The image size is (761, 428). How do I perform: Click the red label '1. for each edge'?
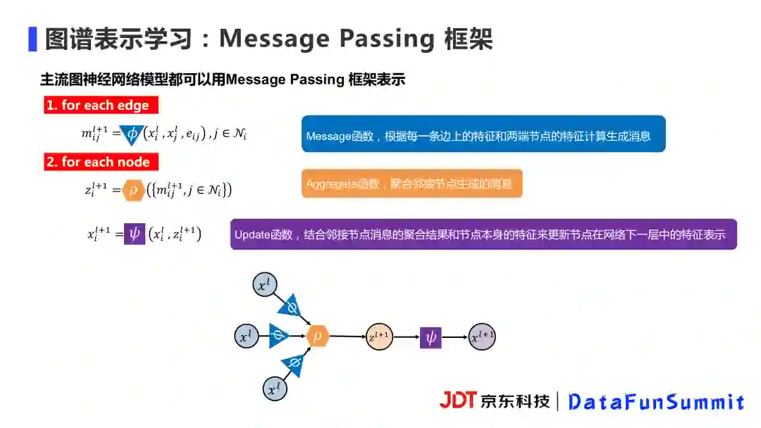click(x=101, y=106)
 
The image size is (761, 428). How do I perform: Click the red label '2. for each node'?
click(x=101, y=162)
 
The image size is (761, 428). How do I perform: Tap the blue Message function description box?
click(x=483, y=134)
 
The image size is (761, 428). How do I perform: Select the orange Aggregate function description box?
click(x=412, y=183)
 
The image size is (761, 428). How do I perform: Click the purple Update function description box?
click(x=483, y=234)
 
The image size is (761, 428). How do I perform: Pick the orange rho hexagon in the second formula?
click(x=132, y=190)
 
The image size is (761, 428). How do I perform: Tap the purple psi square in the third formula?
click(x=135, y=234)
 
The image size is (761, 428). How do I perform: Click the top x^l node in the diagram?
click(x=263, y=285)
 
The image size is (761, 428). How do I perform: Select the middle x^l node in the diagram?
click(x=245, y=336)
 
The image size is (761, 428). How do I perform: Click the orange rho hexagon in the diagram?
click(x=318, y=336)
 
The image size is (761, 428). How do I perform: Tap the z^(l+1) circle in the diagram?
click(x=379, y=336)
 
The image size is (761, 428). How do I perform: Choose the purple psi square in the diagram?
click(x=431, y=337)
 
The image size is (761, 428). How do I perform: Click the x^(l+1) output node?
click(x=483, y=337)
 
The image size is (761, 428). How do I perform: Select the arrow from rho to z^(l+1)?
click(x=347, y=336)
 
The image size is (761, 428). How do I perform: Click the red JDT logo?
click(x=458, y=401)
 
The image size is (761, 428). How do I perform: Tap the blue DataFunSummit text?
click(x=656, y=402)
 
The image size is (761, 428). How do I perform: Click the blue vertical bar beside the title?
click(x=32, y=39)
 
